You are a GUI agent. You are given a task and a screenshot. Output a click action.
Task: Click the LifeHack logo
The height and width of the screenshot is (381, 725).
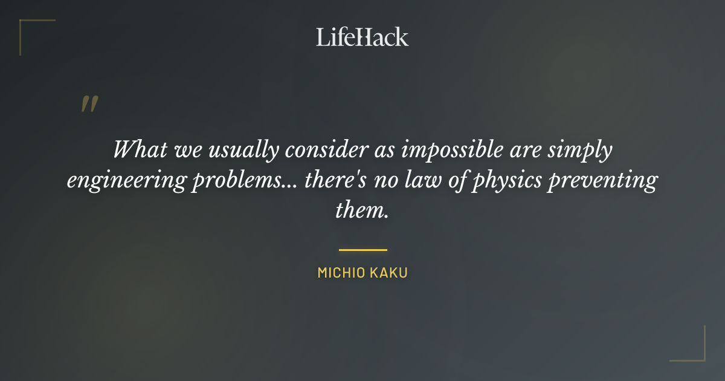(362, 37)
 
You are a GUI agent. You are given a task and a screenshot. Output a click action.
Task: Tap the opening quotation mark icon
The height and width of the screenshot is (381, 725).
(89, 104)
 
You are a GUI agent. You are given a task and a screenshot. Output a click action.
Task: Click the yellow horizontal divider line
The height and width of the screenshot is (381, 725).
(362, 249)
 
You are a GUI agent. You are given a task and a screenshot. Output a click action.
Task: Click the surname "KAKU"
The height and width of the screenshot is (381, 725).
(390, 273)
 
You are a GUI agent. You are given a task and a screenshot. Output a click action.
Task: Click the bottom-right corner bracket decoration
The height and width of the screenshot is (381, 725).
(695, 351)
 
